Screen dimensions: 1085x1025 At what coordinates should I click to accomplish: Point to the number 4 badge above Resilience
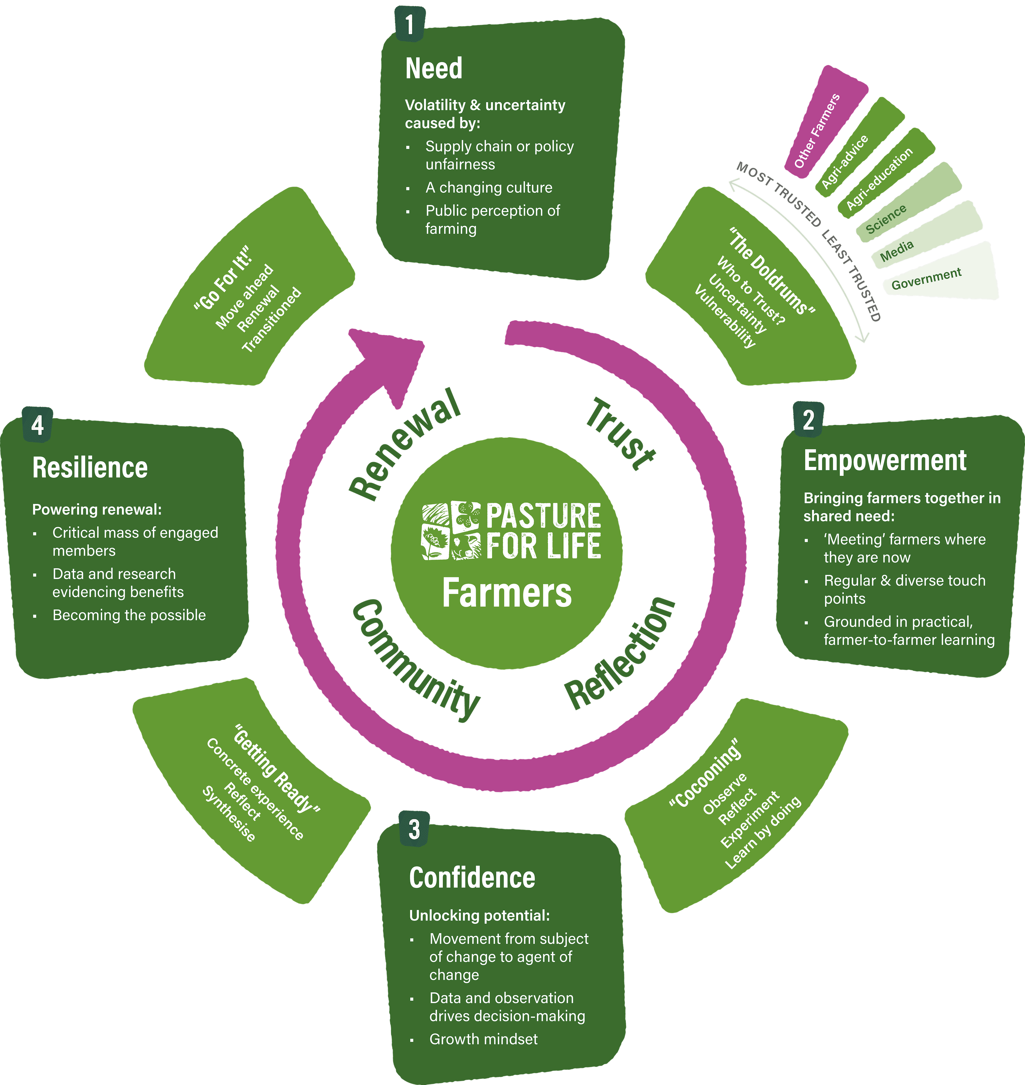37,424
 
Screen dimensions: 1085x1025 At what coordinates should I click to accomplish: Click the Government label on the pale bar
926,279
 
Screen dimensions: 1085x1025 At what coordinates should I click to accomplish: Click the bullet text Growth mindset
483,1039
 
